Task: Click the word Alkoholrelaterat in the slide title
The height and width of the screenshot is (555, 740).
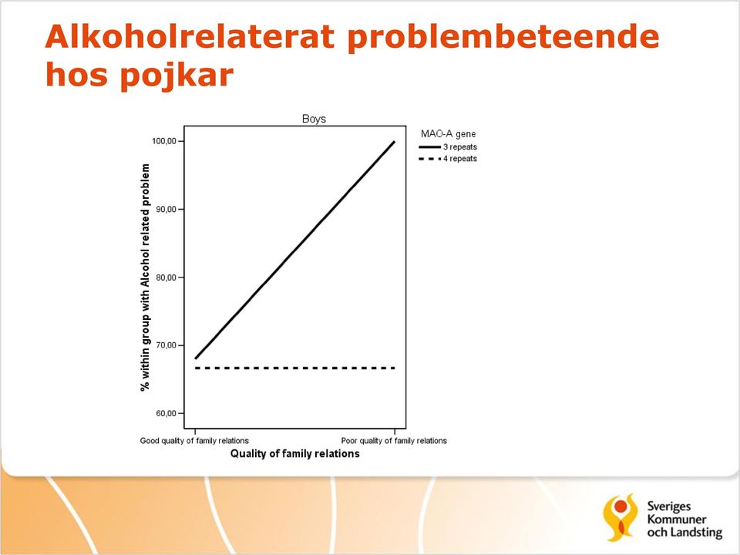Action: [x=190, y=36]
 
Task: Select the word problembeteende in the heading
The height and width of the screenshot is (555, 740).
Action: [x=503, y=37]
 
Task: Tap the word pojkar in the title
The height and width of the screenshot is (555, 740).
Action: [x=177, y=76]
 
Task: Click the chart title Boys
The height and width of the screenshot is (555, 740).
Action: [x=314, y=119]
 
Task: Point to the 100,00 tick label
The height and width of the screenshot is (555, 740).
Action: [x=163, y=141]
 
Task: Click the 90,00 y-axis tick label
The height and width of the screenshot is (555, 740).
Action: [x=166, y=209]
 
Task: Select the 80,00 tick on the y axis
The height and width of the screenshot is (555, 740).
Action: [x=166, y=277]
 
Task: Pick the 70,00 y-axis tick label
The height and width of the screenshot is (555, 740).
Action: [x=166, y=345]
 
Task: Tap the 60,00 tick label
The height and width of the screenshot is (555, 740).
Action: [x=166, y=413]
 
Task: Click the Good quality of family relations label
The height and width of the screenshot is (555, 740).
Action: [x=194, y=441]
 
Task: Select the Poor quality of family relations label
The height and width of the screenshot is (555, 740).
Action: [x=394, y=441]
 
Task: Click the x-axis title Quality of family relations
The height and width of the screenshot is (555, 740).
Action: [x=295, y=453]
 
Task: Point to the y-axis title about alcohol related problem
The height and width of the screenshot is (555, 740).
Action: [x=145, y=277]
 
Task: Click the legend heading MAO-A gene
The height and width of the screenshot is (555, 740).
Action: [x=449, y=134]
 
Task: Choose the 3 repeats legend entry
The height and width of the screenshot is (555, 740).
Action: [x=448, y=146]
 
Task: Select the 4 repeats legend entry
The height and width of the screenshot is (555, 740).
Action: [x=448, y=159]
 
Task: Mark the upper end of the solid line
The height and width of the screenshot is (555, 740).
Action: [x=394, y=142]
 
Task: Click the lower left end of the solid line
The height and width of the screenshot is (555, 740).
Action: [x=195, y=358]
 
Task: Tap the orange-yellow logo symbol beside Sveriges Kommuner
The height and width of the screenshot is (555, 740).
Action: [x=621, y=517]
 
